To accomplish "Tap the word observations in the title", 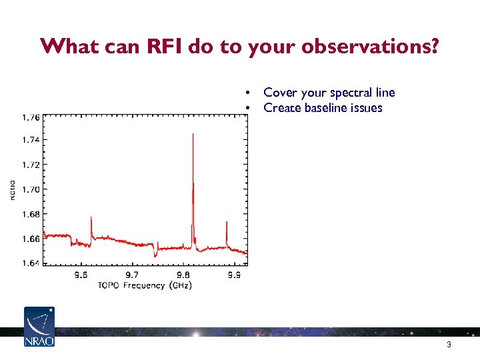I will (x=361, y=47).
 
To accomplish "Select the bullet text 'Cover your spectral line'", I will (x=329, y=93).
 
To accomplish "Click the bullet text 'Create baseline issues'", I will (x=323, y=108).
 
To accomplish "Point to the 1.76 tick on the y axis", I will (x=31, y=117).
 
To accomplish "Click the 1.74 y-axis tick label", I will (x=31, y=140).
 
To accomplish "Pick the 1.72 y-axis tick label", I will (x=31, y=165).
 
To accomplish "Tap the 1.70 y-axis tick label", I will (x=31, y=189).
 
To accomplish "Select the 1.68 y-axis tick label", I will (x=31, y=214).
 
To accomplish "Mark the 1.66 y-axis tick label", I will (x=31, y=239).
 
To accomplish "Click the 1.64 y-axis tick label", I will (x=31, y=263).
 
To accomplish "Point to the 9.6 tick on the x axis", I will (x=81, y=275).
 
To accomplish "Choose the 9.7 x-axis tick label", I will (x=132, y=275).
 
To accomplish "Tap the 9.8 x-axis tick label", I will (x=183, y=275).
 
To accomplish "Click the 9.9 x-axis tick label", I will (x=234, y=275).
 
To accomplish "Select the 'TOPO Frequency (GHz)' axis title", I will (x=145, y=285).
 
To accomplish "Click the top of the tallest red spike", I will (x=193, y=134).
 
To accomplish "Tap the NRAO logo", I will (x=39, y=327).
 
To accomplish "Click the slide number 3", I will (x=449, y=345).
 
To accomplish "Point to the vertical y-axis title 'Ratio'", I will (x=11, y=189).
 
